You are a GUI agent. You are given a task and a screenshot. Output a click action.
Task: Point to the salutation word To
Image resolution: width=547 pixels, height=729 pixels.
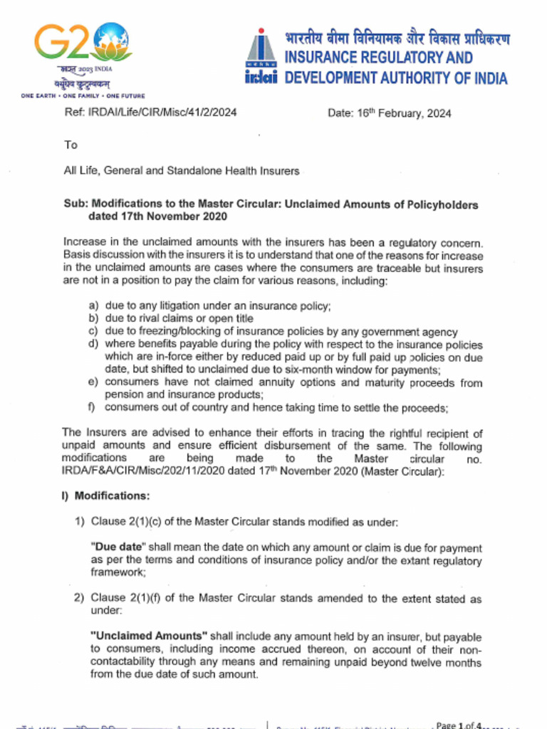[71, 145]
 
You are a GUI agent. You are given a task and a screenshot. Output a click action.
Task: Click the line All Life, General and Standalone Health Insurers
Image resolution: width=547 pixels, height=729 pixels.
[182, 171]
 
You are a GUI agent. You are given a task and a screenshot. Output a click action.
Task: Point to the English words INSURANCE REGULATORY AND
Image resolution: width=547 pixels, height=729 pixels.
[378, 58]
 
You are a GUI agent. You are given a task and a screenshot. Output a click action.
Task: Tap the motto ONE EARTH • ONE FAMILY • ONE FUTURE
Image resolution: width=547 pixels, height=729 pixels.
[83, 95]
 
